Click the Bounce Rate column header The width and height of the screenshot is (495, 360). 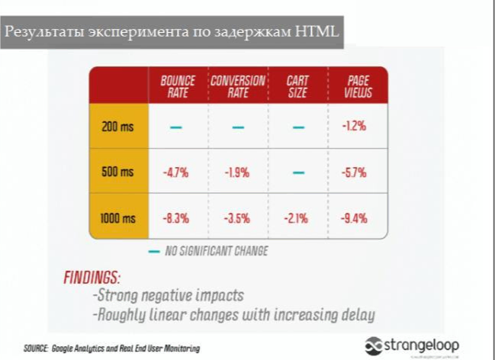[177, 86]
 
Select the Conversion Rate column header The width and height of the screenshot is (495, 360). [237, 86]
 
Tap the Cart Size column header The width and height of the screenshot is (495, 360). [297, 86]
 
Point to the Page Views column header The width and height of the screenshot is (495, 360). [358, 86]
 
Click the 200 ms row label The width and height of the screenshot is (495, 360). [117, 127]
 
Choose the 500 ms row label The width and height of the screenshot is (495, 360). [117, 172]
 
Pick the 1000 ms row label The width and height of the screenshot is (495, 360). [117, 218]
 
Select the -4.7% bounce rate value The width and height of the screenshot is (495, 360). [175, 172]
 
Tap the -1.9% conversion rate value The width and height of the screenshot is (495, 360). [236, 172]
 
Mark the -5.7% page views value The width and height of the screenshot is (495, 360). [354, 172]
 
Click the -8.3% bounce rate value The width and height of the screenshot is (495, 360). [175, 218]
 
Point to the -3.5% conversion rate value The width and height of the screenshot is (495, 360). [237, 218]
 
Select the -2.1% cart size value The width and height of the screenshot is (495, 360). [296, 218]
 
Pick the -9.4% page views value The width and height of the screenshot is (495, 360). [354, 218]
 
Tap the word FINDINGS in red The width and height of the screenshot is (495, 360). [92, 277]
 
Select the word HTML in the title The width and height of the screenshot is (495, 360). [314, 33]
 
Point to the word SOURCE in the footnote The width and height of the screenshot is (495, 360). [36, 348]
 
